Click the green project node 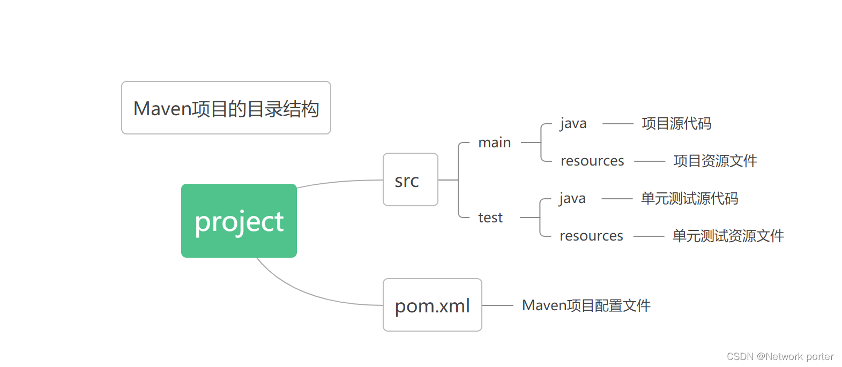tap(239, 221)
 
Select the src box tap(411, 179)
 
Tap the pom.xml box tap(432, 305)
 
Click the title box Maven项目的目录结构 tap(226, 108)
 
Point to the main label tap(494, 143)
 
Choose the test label tap(490, 218)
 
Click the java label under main tap(573, 124)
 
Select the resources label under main tap(592, 161)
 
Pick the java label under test tap(572, 199)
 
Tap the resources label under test tap(591, 236)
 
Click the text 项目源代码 tap(676, 124)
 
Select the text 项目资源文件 tap(715, 161)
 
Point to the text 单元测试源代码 tap(689, 199)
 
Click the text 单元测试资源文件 tap(728, 236)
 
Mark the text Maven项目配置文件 tap(586, 305)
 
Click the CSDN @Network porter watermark tap(780, 356)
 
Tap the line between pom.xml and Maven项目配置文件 tap(498, 305)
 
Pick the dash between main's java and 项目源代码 tap(617, 124)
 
